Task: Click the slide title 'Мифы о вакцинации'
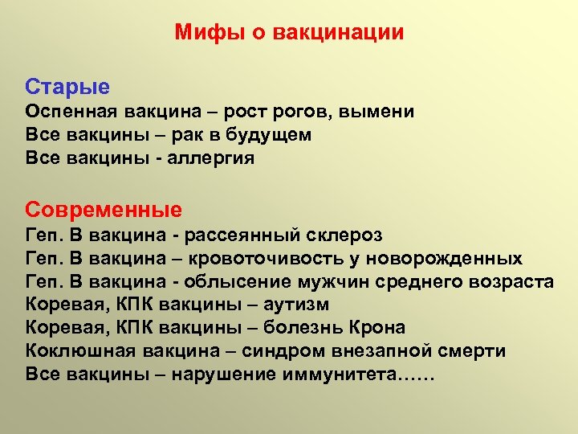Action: tap(289, 33)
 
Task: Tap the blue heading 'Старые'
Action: tap(67, 86)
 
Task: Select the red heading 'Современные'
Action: tap(104, 210)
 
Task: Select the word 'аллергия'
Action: tap(215, 158)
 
